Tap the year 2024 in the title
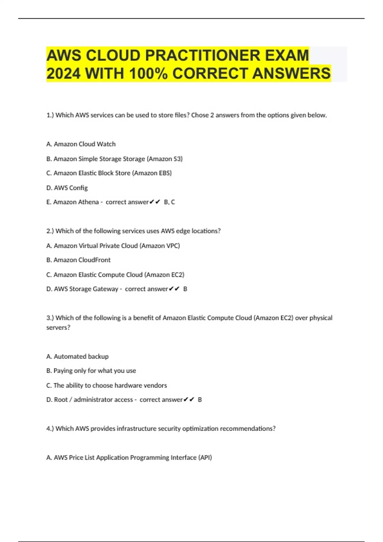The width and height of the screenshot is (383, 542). tap(63, 74)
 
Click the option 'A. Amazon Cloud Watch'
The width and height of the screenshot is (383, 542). tap(81, 144)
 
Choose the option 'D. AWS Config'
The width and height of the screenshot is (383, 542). tap(67, 188)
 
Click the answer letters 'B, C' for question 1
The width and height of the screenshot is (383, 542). tap(169, 202)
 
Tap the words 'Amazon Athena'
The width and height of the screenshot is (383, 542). tap(76, 202)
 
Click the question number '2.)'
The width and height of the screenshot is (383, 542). tap(50, 231)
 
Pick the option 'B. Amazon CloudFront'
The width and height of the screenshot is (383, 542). tap(79, 260)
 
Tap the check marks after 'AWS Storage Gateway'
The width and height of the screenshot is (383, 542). tap(174, 289)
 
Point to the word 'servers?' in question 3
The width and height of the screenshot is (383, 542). tap(58, 327)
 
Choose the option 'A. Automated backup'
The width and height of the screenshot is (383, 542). tap(78, 356)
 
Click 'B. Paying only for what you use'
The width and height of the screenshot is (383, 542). tap(91, 371)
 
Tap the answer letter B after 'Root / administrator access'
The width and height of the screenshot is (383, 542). tap(200, 400)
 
